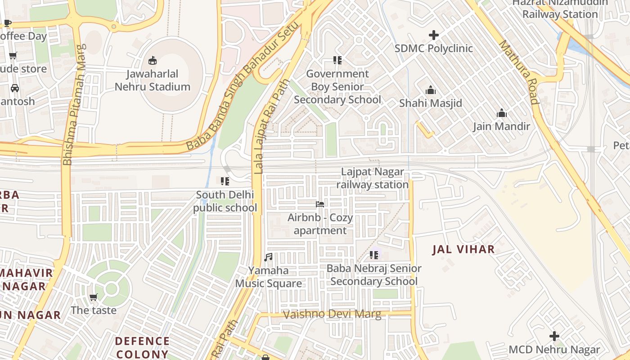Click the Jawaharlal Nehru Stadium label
pos(152,80)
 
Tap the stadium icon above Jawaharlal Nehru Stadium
pos(152,60)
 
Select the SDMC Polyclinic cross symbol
pos(434,35)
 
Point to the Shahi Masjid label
pos(431,103)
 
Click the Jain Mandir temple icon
pos(501,113)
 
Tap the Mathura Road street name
pos(519,72)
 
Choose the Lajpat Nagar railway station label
pos(373,178)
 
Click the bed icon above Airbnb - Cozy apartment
pos(320,204)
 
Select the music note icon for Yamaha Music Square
pos(268,257)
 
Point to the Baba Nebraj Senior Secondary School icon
pos(373,255)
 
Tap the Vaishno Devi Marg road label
pos(332,314)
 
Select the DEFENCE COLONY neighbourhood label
pos(142,347)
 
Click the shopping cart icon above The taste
pos(93,297)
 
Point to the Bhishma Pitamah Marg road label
pos(74,104)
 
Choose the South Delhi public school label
pos(225,201)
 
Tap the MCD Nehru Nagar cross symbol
pos(554,336)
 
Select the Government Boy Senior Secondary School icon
pos(337,60)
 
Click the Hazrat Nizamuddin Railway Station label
pos(560,9)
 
